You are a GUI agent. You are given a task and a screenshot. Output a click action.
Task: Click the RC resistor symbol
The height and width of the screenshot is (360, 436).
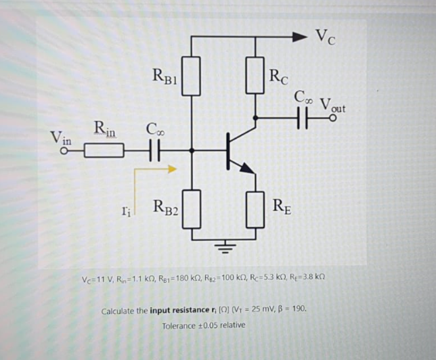click(255, 74)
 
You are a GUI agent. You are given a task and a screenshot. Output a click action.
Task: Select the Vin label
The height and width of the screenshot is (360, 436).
click(62, 137)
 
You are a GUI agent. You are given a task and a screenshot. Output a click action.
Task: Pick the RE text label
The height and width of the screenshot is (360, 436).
click(282, 205)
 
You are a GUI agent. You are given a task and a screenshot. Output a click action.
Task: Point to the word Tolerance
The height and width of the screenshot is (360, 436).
click(179, 325)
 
